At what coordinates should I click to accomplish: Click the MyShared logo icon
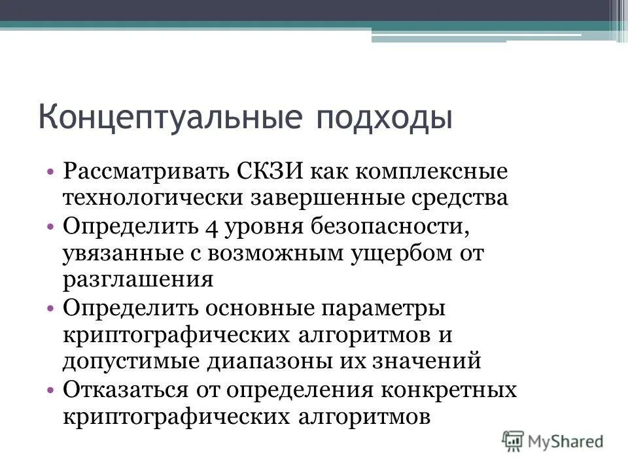(514, 440)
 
